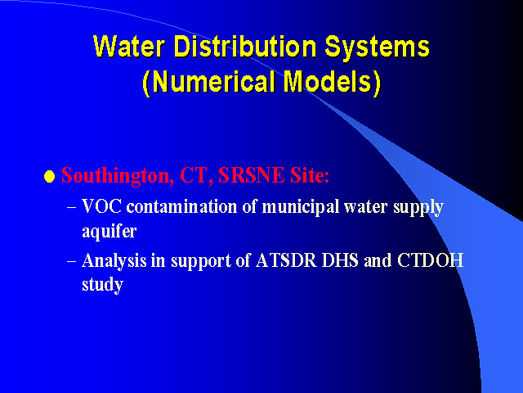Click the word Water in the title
pyautogui.click(x=129, y=46)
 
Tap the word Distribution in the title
pyautogui.click(x=245, y=46)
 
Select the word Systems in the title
pyautogui.click(x=378, y=47)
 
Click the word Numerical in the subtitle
pyautogui.click(x=209, y=82)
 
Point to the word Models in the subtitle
pyautogui.click(x=332, y=82)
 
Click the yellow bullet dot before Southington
pyautogui.click(x=49, y=176)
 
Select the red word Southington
pyautogui.click(x=118, y=176)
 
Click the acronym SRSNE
pyautogui.click(x=251, y=174)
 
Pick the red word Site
pyautogui.click(x=310, y=174)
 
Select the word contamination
pyautogui.click(x=181, y=206)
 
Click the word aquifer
pyautogui.click(x=110, y=231)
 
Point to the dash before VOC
pyautogui.click(x=71, y=207)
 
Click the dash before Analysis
pyautogui.click(x=71, y=260)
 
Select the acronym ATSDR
pyautogui.click(x=286, y=260)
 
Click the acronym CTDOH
pyautogui.click(x=431, y=260)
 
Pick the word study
pyautogui.click(x=103, y=285)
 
